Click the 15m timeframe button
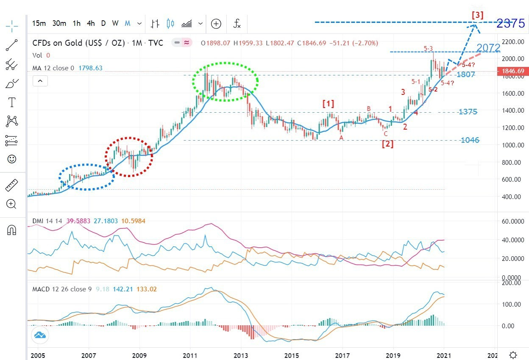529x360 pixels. (39, 24)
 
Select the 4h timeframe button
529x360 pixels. (91, 24)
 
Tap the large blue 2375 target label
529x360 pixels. (510, 23)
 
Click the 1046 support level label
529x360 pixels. (470, 140)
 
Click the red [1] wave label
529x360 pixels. (328, 103)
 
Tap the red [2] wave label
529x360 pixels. (387, 144)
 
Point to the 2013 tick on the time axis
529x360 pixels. (241, 355)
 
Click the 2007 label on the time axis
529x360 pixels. (88, 355)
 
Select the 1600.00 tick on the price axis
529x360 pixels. (511, 93)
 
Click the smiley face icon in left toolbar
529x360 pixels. (12, 159)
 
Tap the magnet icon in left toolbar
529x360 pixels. (12, 230)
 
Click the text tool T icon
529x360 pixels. (12, 102)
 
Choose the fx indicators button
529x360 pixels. (237, 24)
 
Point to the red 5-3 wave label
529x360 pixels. (428, 49)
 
